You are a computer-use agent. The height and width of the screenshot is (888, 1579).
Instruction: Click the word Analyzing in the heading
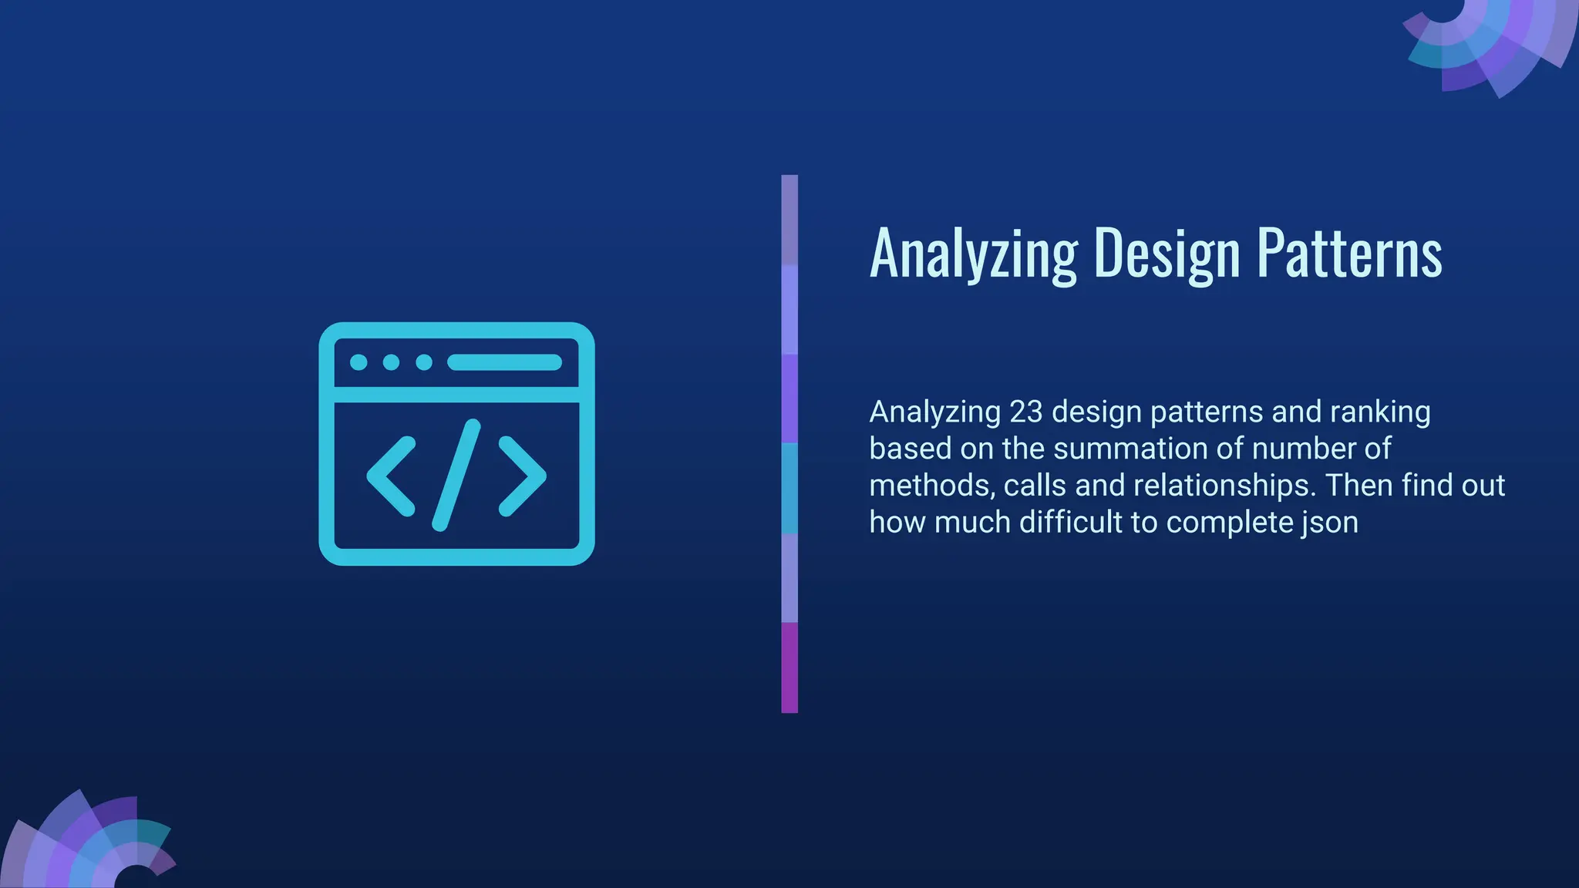click(974, 254)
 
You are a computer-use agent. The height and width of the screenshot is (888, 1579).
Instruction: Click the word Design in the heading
click(1167, 254)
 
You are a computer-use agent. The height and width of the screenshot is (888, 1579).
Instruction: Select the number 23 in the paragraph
click(1025, 412)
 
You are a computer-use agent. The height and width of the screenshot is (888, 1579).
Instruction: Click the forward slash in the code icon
click(456, 475)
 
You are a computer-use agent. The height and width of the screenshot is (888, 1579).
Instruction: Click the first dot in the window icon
click(359, 362)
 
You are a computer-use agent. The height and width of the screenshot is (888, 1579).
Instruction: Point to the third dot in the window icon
click(424, 362)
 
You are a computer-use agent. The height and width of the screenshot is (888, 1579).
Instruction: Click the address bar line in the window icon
click(504, 362)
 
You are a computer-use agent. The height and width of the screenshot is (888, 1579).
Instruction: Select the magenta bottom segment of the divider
click(789, 668)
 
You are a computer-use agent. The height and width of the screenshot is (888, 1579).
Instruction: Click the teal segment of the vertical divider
click(789, 488)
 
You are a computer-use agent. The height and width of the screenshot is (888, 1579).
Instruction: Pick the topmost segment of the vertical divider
click(789, 220)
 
